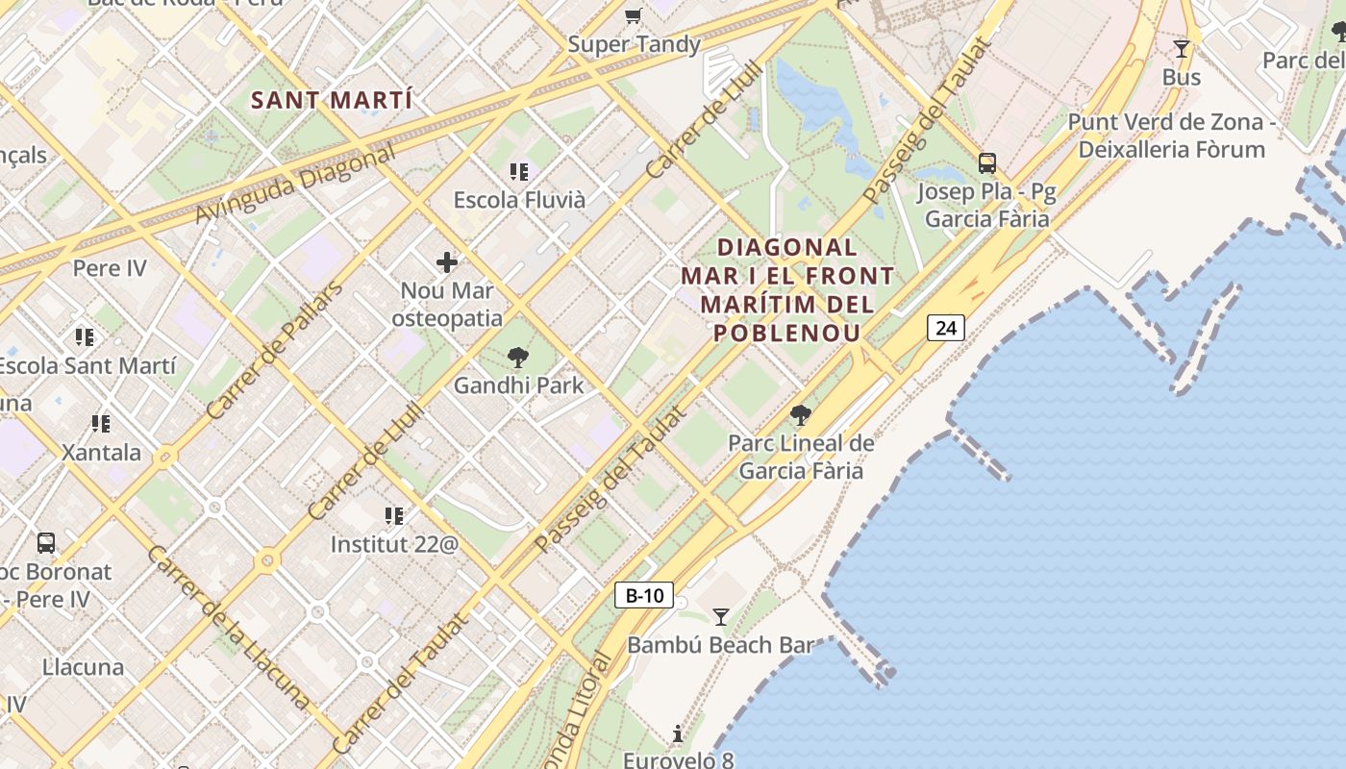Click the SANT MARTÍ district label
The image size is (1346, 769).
331,100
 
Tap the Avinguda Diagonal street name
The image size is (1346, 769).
295,185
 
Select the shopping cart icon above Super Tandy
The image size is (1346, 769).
633,15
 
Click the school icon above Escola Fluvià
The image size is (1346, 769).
519,172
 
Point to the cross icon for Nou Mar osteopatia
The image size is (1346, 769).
447,261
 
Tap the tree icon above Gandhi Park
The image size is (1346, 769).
518,358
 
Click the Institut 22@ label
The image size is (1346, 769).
394,544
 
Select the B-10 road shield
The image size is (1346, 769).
644,595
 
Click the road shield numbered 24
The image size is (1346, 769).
946,328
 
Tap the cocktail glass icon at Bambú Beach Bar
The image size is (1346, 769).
720,617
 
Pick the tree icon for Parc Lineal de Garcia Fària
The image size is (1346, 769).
800,415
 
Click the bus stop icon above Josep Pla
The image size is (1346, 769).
987,162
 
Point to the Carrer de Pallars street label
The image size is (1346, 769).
274,351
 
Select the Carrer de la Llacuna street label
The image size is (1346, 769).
229,629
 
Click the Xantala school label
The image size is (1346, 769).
101,452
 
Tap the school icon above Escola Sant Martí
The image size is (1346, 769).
85,337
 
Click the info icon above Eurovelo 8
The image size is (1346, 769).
678,734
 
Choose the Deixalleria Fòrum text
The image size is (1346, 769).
1171,149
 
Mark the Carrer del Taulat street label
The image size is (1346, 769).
401,683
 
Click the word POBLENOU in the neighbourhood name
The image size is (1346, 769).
786,333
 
